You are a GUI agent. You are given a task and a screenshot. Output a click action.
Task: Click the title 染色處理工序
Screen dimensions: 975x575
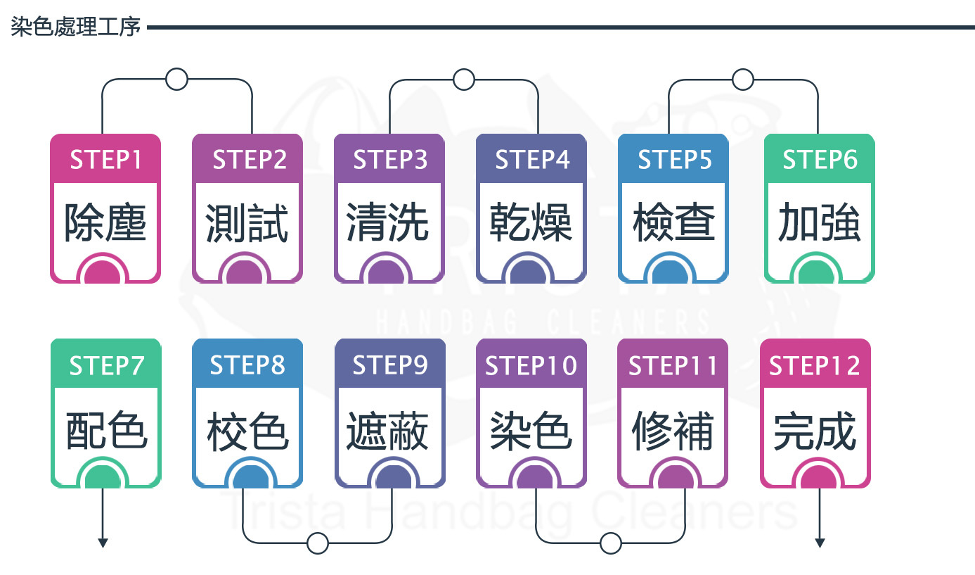click(76, 27)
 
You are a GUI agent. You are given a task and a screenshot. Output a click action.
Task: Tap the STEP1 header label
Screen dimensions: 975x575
click(105, 160)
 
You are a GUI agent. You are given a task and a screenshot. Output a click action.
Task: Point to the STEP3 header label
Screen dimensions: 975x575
click(390, 160)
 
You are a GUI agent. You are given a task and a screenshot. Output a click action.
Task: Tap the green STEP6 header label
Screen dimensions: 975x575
click(820, 160)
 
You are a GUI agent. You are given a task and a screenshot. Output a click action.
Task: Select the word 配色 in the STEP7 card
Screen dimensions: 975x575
click(106, 430)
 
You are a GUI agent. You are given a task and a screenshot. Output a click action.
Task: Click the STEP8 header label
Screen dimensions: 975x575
click(247, 365)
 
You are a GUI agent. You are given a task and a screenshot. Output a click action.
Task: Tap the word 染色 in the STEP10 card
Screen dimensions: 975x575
click(531, 430)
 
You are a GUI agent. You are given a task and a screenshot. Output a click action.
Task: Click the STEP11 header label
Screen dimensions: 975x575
click(673, 365)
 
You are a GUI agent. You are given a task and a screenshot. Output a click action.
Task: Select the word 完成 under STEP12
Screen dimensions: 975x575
click(815, 430)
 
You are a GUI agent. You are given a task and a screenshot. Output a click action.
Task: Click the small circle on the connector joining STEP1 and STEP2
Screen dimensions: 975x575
click(176, 79)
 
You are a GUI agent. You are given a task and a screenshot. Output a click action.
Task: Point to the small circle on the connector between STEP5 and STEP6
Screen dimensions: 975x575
click(743, 79)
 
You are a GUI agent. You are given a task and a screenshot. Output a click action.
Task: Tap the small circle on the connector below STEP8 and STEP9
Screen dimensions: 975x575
click(318, 543)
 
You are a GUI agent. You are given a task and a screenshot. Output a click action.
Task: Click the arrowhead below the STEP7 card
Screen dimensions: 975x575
click(103, 543)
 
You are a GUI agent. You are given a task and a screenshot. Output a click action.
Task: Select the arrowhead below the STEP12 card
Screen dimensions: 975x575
click(820, 543)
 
